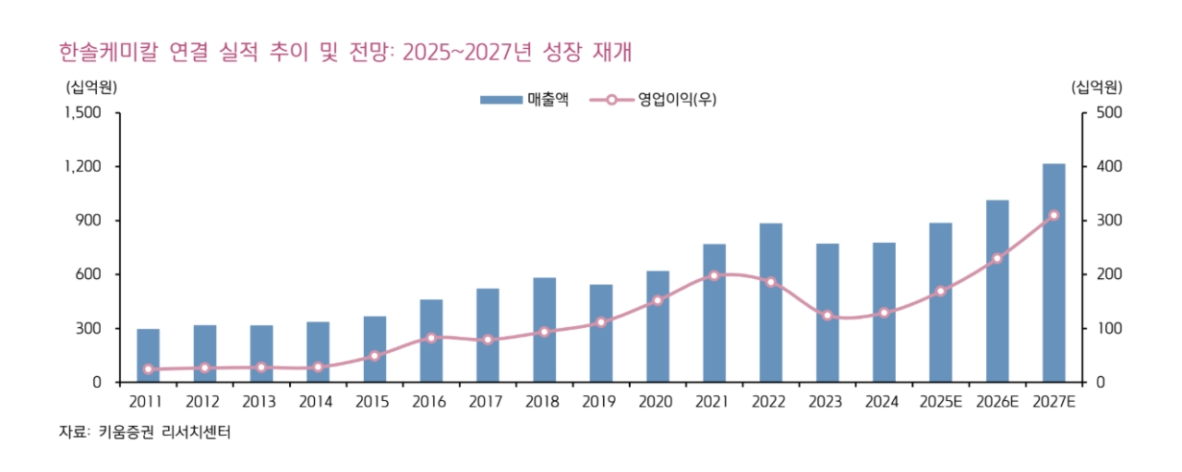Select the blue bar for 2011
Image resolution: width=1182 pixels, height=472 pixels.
tap(148, 356)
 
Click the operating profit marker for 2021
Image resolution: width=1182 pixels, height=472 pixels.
tap(714, 275)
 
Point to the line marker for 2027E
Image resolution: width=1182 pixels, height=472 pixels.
tap(1054, 215)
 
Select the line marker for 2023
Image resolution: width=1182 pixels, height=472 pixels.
tap(827, 316)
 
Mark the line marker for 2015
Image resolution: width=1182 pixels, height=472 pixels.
tap(375, 356)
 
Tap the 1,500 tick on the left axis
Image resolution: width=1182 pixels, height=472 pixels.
tap(83, 113)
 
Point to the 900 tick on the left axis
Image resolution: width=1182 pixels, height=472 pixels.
tap(90, 221)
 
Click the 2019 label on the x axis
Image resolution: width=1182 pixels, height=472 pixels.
tap(601, 402)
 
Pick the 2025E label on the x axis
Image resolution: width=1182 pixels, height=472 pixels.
tap(940, 402)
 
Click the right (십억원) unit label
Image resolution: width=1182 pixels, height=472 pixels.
tap(1096, 88)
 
